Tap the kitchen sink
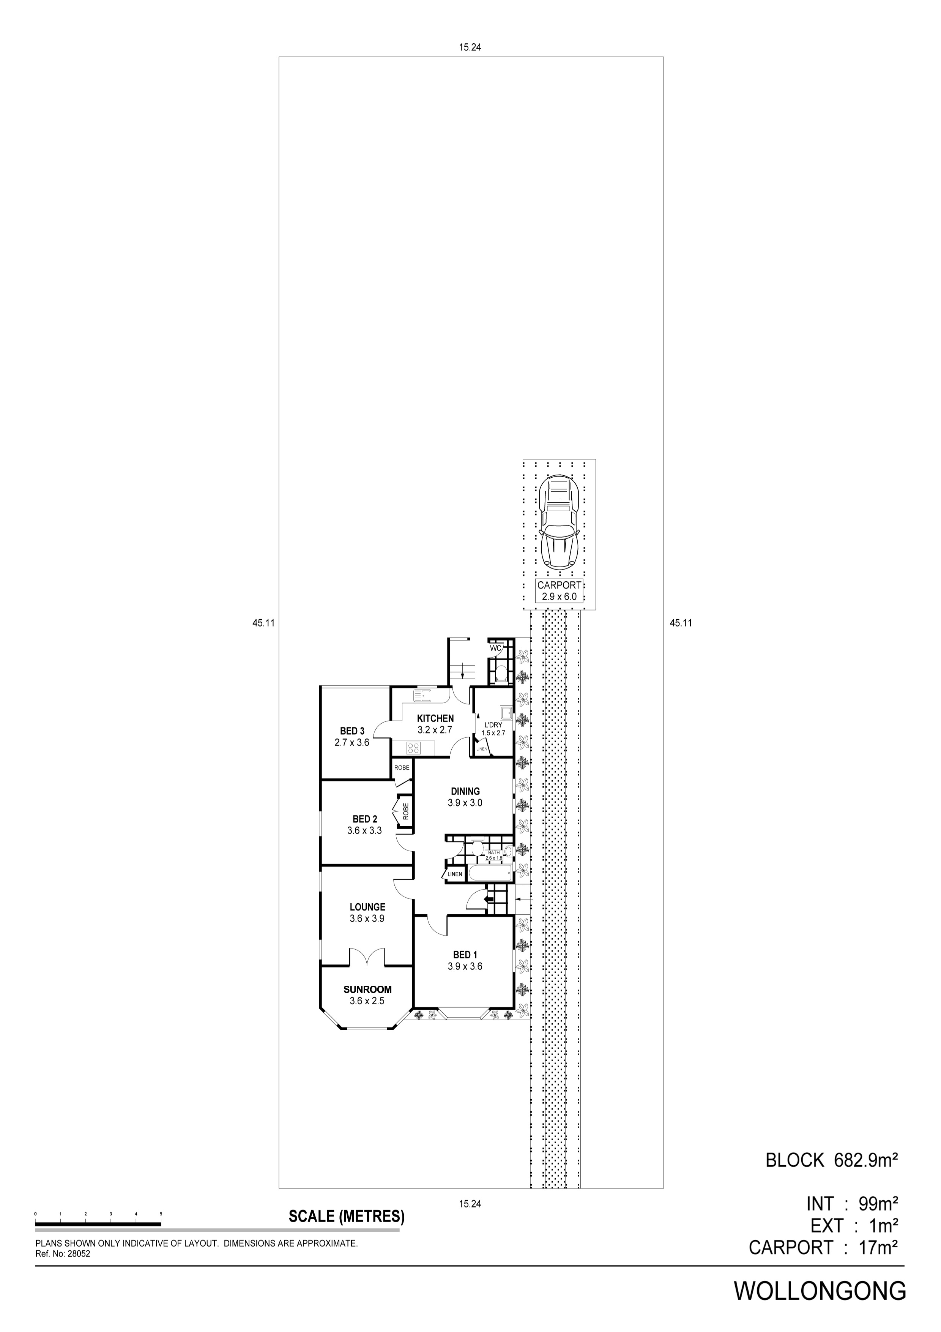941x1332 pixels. pyautogui.click(x=422, y=694)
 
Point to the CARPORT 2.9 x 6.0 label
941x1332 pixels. pyautogui.click(x=559, y=590)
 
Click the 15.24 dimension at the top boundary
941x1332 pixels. pyautogui.click(x=470, y=48)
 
